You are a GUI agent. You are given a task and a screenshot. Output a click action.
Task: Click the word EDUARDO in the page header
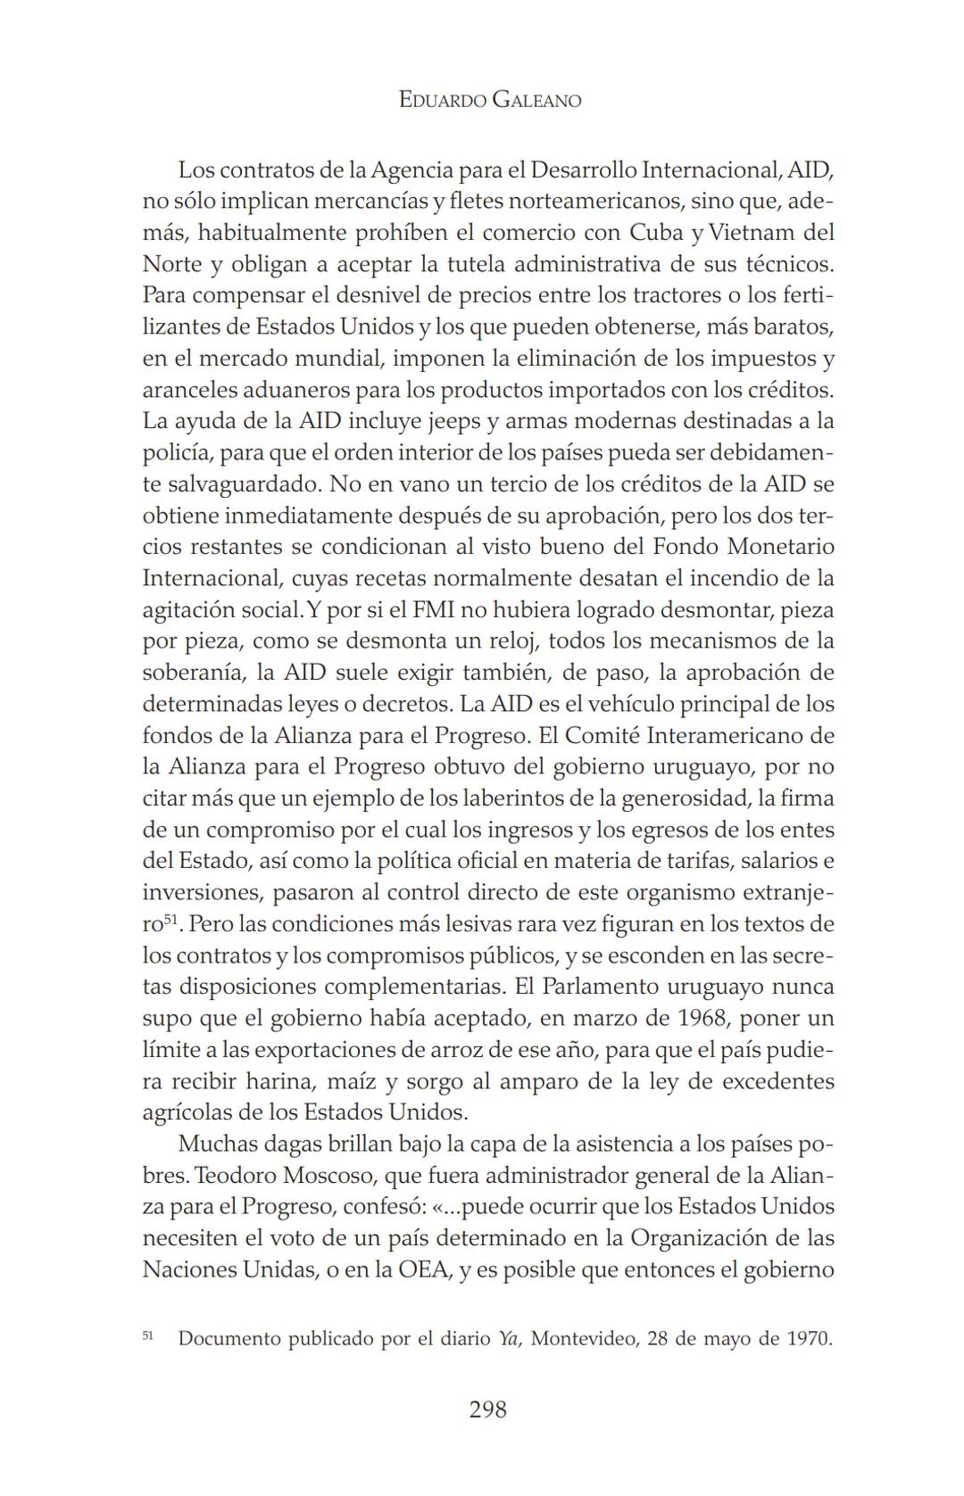click(443, 100)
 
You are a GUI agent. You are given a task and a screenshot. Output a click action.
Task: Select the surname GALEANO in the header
click(536, 100)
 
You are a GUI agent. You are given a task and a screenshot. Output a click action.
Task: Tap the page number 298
click(487, 1409)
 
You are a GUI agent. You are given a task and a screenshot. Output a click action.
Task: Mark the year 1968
click(698, 1018)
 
